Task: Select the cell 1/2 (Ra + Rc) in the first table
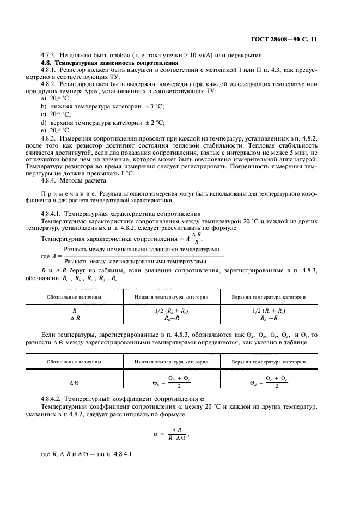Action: (x=172, y=311)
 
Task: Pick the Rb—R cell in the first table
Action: (x=172, y=318)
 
